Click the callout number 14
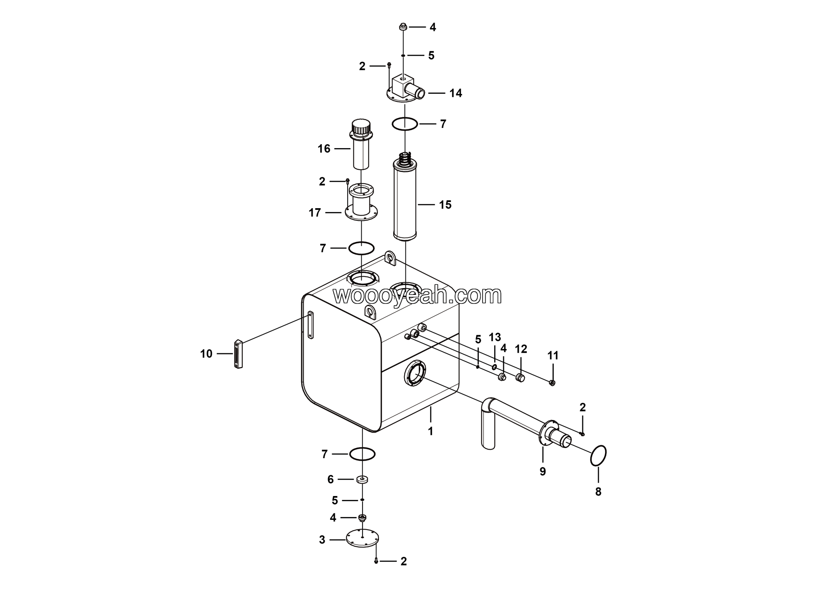(x=455, y=93)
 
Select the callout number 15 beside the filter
(x=445, y=205)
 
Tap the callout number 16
(x=324, y=149)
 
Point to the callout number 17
(x=314, y=213)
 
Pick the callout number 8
(x=598, y=492)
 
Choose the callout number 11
(x=553, y=356)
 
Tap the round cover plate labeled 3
(x=363, y=539)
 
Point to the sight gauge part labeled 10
(x=238, y=354)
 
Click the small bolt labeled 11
(x=552, y=383)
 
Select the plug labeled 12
(x=520, y=378)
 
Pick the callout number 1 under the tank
(x=431, y=431)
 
